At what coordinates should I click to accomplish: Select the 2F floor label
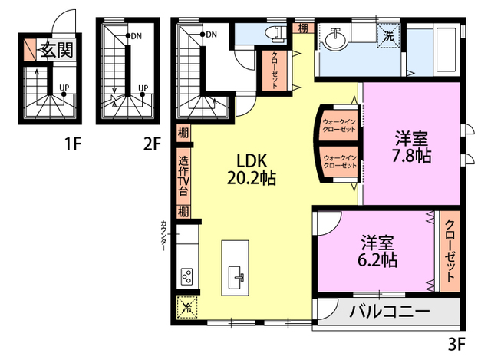pos(152,143)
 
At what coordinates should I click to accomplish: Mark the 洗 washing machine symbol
pos(389,35)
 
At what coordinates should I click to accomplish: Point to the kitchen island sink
pos(236,276)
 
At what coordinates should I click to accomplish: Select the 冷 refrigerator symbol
pos(186,306)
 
